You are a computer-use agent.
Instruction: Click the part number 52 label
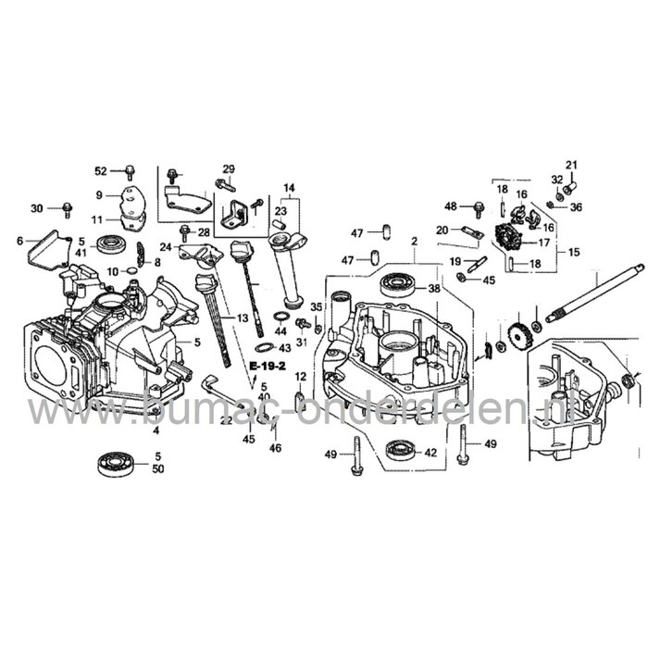click(102, 170)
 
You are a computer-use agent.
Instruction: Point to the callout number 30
click(37, 207)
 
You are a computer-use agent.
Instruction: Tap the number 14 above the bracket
click(290, 189)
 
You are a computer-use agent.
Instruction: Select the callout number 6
click(20, 241)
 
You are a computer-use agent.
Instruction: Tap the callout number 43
click(284, 348)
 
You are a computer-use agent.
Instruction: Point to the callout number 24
click(166, 247)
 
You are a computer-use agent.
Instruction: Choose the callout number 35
click(316, 306)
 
